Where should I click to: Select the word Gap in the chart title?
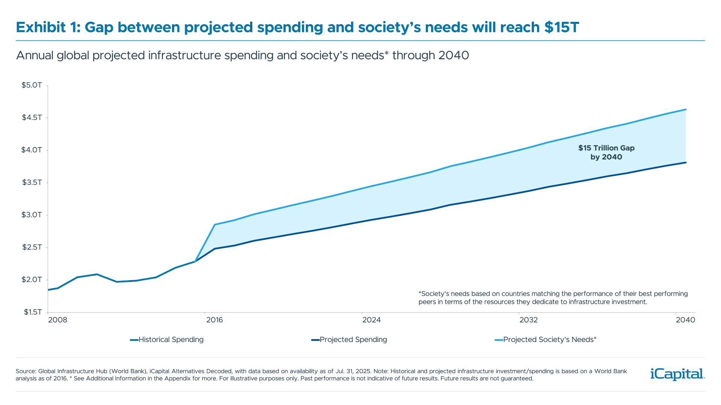pos(98,28)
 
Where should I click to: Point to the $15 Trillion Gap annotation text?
pos(606,148)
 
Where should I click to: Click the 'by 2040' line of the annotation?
pos(606,157)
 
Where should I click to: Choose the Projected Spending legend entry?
pos(349,340)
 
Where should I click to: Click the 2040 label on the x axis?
pos(686,320)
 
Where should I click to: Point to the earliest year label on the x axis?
pos(59,320)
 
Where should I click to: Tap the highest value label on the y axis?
pos(32,86)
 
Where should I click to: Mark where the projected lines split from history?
pos(195,261)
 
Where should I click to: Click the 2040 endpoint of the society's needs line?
pos(687,109)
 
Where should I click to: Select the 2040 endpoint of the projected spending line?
pos(687,162)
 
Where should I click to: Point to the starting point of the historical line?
pos(48,289)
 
